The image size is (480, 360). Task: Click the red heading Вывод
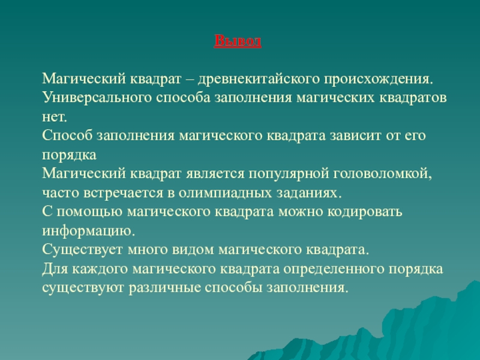tap(238, 41)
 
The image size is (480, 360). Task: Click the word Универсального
tap(97, 98)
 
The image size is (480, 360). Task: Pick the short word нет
tap(54, 117)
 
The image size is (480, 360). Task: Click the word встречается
tap(123, 193)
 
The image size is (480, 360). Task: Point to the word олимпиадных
tap(226, 193)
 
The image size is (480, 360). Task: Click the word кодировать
tap(365, 212)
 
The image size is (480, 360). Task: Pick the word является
tap(215, 174)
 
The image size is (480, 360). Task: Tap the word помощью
tap(89, 212)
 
